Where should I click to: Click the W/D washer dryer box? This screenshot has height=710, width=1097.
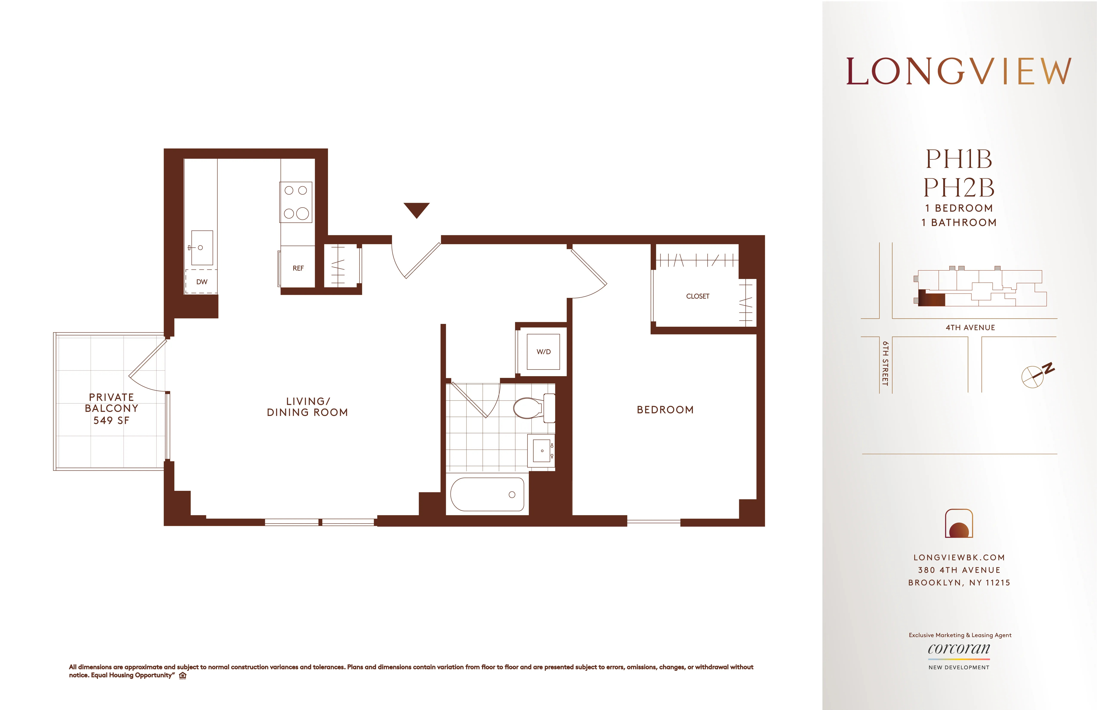543,352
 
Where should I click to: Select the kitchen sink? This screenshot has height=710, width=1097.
202,248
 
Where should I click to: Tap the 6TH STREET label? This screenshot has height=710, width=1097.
885,363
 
